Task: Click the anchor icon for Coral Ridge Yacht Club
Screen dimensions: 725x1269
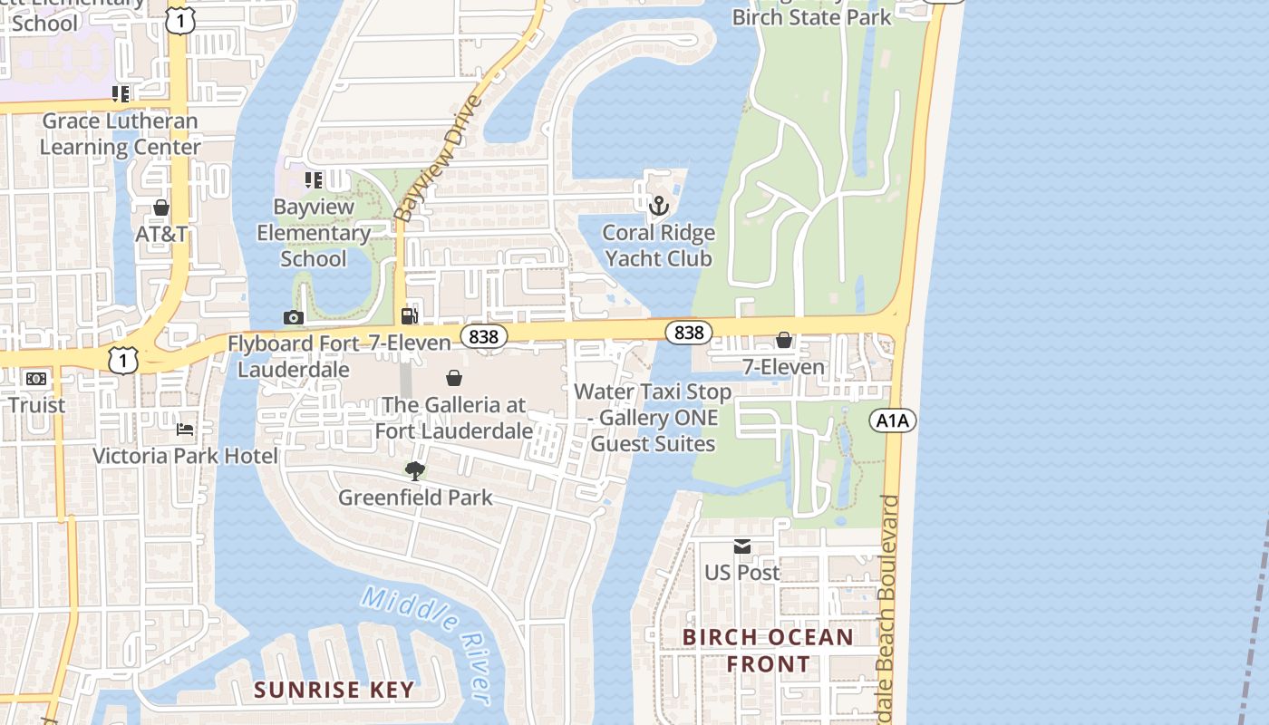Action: click(659, 207)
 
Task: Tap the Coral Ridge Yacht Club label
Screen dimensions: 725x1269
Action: click(659, 246)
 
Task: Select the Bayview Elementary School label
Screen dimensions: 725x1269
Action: click(314, 233)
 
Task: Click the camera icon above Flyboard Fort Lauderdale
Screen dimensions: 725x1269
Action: click(293, 317)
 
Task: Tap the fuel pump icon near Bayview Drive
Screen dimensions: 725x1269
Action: click(410, 316)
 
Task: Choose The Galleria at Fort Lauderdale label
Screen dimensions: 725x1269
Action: click(453, 418)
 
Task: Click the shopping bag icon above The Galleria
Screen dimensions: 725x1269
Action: click(454, 378)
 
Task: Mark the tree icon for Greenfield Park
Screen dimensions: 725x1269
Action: click(414, 470)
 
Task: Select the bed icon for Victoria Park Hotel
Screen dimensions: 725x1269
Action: click(185, 429)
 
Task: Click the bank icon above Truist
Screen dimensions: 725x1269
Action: click(36, 379)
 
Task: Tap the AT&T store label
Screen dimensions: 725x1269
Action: click(161, 234)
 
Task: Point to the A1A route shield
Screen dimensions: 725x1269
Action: click(893, 420)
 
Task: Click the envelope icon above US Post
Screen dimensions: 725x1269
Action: click(742, 546)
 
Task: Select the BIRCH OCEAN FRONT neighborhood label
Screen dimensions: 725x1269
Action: click(768, 651)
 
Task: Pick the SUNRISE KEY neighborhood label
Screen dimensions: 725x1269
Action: click(334, 690)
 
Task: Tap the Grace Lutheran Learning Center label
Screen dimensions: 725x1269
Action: click(121, 133)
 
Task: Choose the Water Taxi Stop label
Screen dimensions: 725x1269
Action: click(653, 418)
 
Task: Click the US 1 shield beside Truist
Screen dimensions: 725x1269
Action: click(123, 360)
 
